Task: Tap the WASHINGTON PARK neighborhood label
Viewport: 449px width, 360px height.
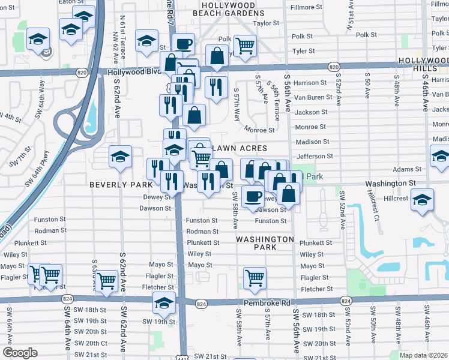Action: click(x=265, y=243)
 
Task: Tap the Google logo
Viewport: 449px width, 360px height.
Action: click(x=19, y=353)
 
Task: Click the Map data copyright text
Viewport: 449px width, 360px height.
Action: click(x=423, y=355)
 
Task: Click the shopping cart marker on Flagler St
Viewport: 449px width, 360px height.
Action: click(x=255, y=277)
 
